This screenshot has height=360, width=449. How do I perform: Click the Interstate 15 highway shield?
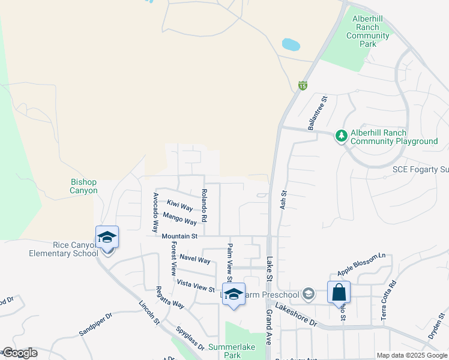[303, 86]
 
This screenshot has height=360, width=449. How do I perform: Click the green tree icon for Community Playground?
[342, 136]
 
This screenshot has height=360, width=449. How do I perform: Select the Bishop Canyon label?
[84, 186]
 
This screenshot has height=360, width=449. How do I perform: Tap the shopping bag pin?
[339, 293]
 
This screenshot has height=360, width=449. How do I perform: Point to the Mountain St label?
[179, 236]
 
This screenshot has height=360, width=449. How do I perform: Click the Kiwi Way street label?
[179, 205]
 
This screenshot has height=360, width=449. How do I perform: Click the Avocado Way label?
[155, 212]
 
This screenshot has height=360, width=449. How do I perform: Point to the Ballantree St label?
[317, 113]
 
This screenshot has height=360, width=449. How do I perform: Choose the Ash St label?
[283, 199]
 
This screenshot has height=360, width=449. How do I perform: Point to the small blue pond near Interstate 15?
[291, 44]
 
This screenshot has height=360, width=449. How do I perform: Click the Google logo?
[20, 353]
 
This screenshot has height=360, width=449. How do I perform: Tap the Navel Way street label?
[195, 260]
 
